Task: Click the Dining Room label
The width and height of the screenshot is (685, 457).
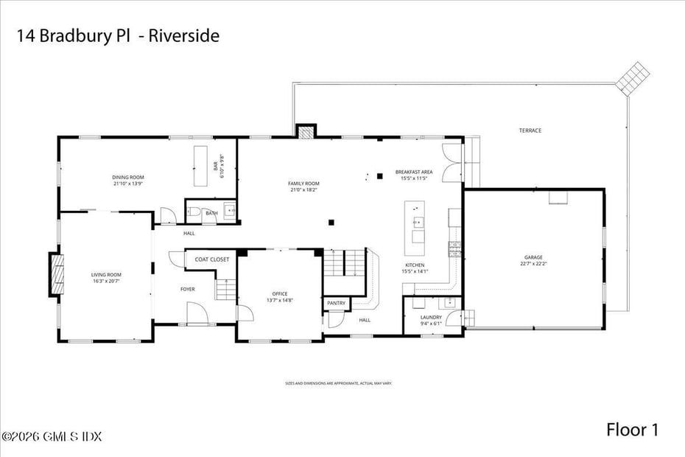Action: coord(128,177)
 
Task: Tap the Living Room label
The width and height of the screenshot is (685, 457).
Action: coord(106,275)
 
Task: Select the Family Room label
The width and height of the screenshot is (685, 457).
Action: coord(303,183)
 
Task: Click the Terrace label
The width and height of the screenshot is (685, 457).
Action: coord(530,130)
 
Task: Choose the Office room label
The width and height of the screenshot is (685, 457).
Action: coord(280,293)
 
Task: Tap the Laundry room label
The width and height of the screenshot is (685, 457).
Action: coord(432,317)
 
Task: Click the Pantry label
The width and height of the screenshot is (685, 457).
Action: coord(336,303)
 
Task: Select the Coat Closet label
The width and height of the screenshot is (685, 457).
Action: coord(212,259)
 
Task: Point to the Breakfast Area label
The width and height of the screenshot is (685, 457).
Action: coord(414,172)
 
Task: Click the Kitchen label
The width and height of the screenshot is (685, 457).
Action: coord(415,265)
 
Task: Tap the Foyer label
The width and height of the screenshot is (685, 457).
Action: coord(188,289)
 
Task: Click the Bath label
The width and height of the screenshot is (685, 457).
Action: coord(211,213)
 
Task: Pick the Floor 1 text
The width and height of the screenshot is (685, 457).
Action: coord(632,430)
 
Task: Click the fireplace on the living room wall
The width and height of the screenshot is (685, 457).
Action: coord(55,274)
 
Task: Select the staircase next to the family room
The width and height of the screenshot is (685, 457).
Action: coord(346,262)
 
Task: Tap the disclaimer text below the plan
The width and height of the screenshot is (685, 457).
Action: coord(339,383)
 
